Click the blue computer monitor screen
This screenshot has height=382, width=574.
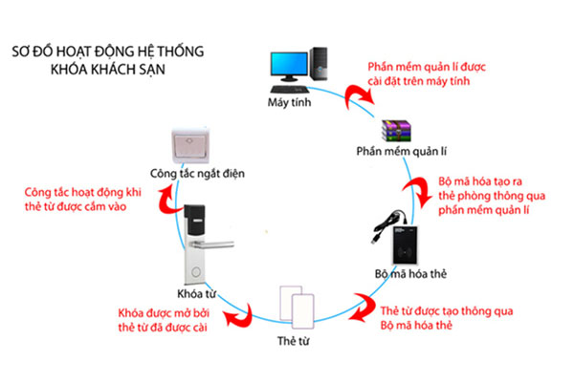click(x=289, y=64)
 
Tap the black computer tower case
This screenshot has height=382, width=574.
click(x=319, y=64)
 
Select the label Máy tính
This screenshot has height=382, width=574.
click(x=289, y=102)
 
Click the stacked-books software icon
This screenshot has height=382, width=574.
click(x=396, y=131)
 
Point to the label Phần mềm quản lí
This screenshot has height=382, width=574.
click(x=402, y=151)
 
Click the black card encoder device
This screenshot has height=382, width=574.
click(x=405, y=245)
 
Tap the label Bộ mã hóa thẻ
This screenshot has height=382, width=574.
click(x=410, y=274)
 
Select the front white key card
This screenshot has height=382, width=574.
click(x=302, y=311)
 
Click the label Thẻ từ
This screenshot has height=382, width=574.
click(x=294, y=341)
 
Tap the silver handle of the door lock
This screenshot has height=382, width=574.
click(x=213, y=244)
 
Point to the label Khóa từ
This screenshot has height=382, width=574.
click(x=196, y=294)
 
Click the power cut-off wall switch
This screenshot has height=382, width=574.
click(x=190, y=146)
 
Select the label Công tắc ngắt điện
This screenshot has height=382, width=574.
click(x=197, y=173)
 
